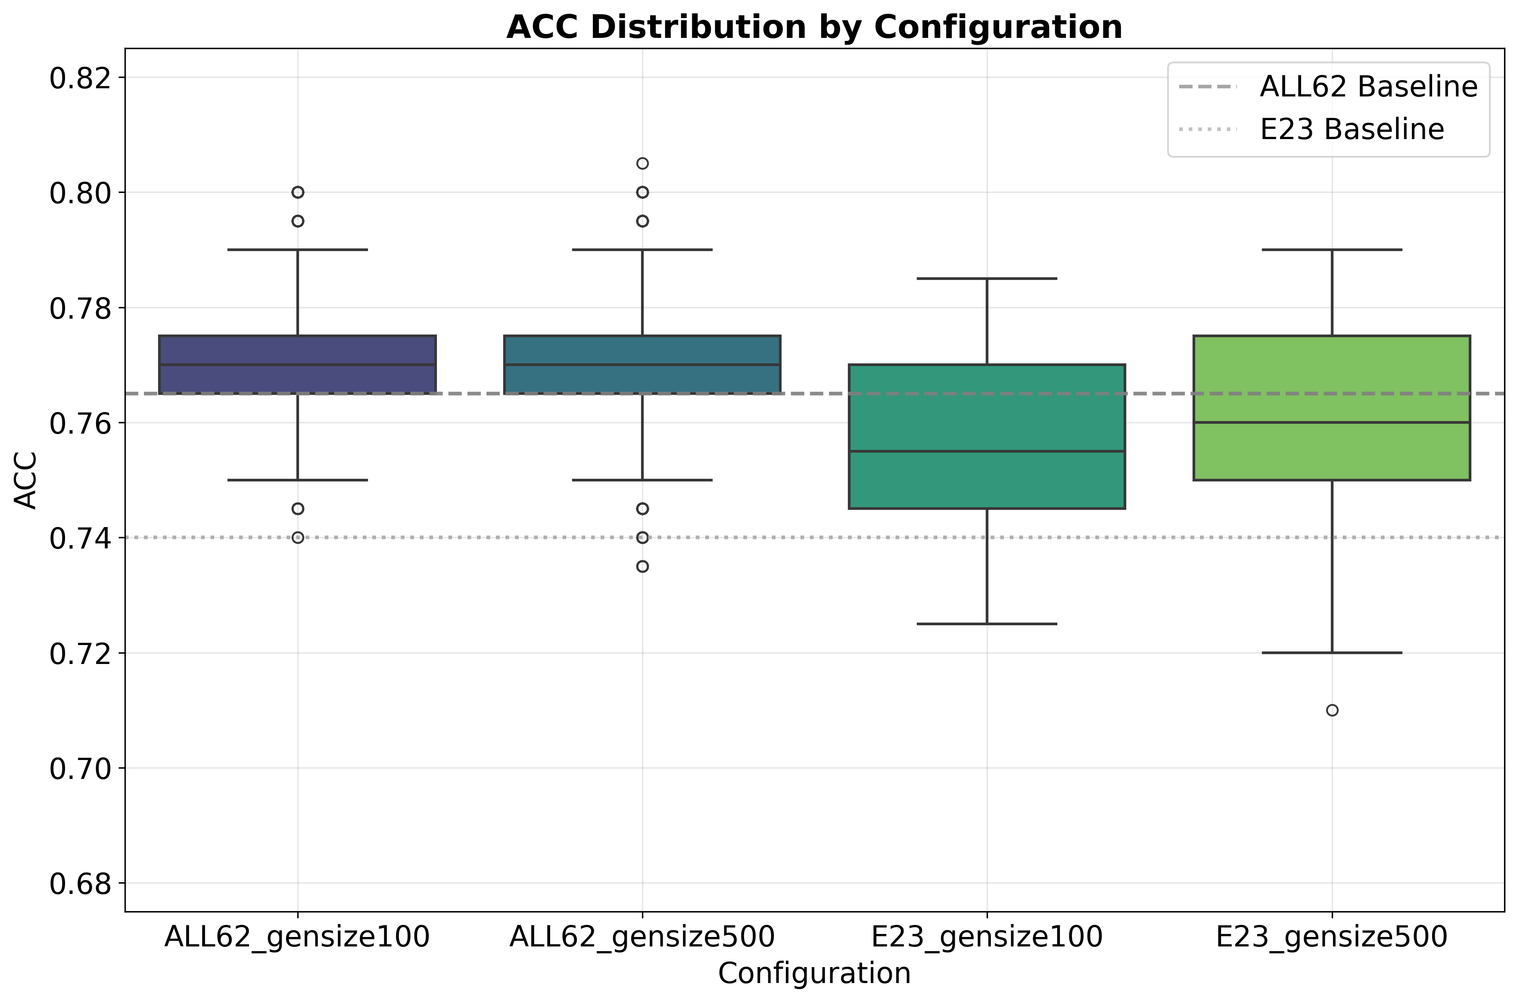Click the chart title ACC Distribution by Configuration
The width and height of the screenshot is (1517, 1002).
coord(814,28)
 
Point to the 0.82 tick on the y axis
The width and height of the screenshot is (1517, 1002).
coord(79,78)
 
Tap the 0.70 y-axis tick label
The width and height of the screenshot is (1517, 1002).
coord(79,768)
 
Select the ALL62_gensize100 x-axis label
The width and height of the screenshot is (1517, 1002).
coord(297,937)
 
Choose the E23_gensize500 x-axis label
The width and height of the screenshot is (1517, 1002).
coord(1332,937)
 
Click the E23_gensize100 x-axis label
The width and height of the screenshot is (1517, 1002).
coord(987,937)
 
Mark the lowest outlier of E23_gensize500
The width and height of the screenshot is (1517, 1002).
coord(1332,710)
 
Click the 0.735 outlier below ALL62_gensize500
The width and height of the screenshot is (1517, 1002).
coord(642,566)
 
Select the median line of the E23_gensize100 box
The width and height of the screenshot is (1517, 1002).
coord(987,451)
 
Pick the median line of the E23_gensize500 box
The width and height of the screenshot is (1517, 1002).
coord(1332,422)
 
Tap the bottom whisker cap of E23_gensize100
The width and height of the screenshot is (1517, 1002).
coord(987,624)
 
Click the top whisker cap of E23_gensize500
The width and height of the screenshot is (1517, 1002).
coord(1332,250)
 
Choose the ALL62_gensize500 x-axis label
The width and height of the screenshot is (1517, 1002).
coord(642,937)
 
